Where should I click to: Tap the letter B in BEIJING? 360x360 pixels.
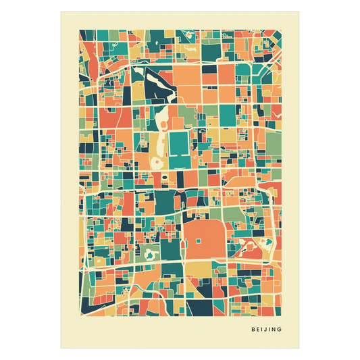tap(253, 330)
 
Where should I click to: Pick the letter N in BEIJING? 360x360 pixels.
tap(274, 330)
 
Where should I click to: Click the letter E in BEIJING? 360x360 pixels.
tap(257, 330)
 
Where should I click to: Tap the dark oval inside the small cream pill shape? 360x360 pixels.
tap(164, 178)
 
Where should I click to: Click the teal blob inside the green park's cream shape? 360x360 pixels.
tap(149, 254)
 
